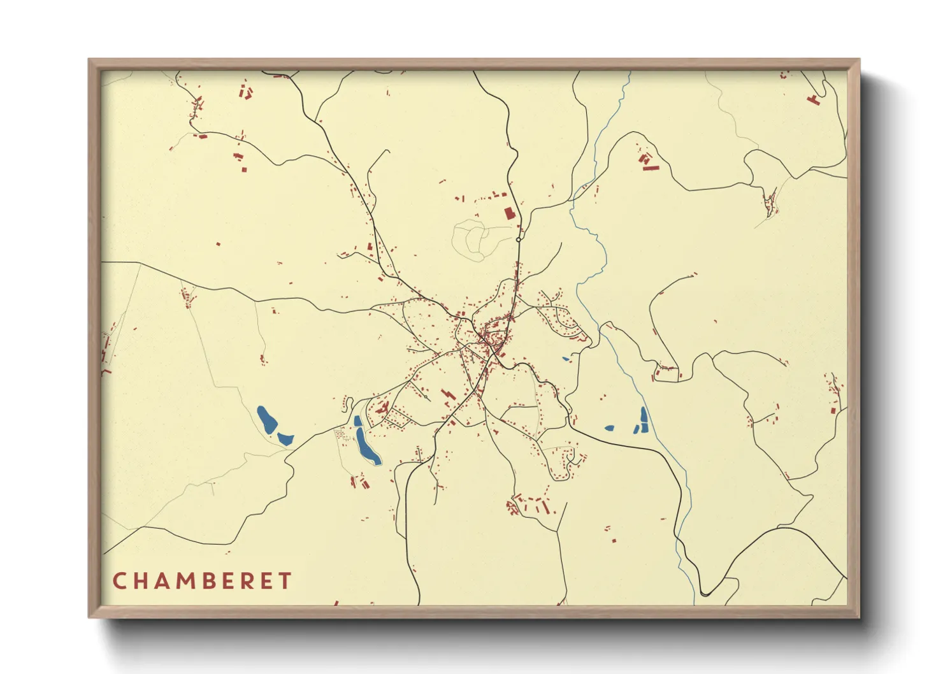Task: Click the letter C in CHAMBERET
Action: pyautogui.click(x=119, y=581)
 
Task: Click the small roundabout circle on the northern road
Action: pyautogui.click(x=519, y=240)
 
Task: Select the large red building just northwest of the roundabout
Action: pyautogui.click(x=509, y=213)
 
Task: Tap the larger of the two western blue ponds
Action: pyautogui.click(x=266, y=418)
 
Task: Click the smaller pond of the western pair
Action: pyautogui.click(x=286, y=438)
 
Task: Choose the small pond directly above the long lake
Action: pyautogui.click(x=357, y=420)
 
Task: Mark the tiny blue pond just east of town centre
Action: pyautogui.click(x=565, y=359)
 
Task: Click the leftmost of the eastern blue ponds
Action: pyautogui.click(x=609, y=428)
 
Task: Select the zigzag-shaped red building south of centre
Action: pyautogui.click(x=449, y=394)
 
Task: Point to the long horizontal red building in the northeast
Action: pyautogui.click(x=651, y=168)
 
